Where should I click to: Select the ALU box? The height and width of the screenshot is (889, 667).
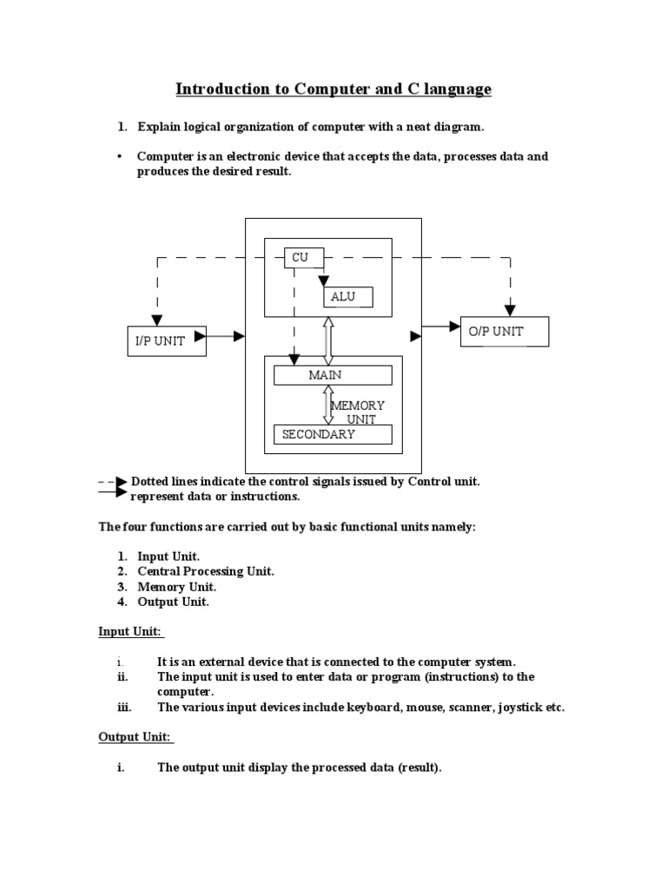click(x=347, y=297)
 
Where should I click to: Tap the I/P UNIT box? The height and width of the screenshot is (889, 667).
click(x=167, y=340)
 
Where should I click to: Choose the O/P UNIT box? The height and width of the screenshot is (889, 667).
click(x=504, y=332)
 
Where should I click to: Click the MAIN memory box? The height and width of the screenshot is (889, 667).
click(x=333, y=375)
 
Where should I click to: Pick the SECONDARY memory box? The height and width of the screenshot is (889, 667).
click(x=333, y=434)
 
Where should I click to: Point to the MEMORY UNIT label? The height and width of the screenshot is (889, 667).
click(x=357, y=412)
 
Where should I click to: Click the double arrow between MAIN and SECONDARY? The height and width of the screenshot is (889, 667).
click(x=328, y=405)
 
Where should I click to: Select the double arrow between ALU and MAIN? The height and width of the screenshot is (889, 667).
click(x=328, y=340)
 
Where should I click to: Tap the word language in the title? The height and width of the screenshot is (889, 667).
click(x=457, y=89)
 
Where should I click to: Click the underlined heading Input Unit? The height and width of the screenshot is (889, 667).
click(x=130, y=631)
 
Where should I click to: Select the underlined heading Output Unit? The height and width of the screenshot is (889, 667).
click(x=135, y=737)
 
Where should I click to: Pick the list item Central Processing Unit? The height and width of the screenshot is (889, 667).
click(x=206, y=571)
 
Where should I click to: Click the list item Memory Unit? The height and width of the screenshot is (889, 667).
click(x=176, y=587)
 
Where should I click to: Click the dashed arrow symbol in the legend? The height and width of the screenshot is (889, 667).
click(x=112, y=481)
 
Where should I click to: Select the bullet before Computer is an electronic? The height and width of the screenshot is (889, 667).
click(x=118, y=157)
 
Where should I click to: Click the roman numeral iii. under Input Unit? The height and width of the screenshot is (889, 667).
click(x=123, y=708)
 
